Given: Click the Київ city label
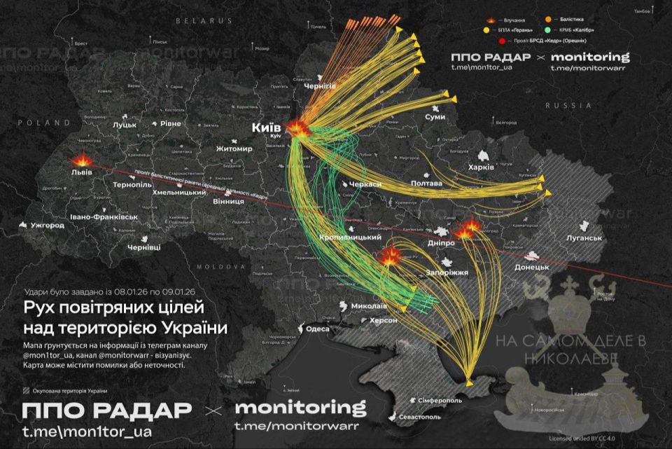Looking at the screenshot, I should coord(266,127).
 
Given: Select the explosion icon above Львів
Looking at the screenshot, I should coord(82,158).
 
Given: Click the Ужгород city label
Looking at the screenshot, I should coord(47,226).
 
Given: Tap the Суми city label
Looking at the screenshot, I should coord(435,116).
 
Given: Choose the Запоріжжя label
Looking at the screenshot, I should coord(446,272).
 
